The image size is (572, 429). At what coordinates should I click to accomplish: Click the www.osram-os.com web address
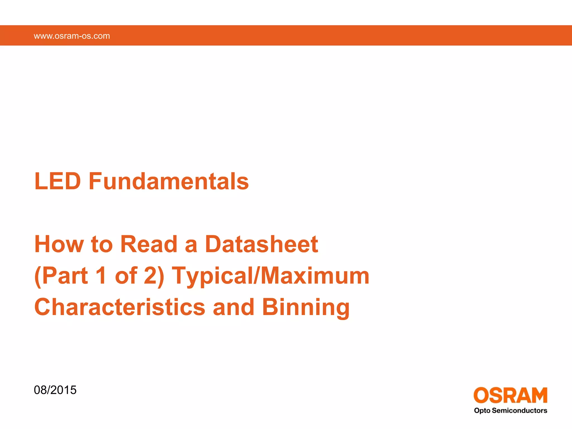(x=72, y=36)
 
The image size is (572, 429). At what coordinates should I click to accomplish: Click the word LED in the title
(x=58, y=181)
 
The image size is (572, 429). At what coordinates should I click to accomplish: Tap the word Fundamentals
(x=169, y=181)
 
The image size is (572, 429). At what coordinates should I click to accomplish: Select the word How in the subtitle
(x=59, y=244)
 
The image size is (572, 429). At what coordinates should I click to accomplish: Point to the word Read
(x=149, y=244)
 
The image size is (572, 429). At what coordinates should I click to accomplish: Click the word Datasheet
(x=261, y=244)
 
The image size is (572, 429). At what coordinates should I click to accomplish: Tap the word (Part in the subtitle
(x=61, y=276)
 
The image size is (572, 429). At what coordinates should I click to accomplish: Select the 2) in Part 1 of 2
(x=154, y=276)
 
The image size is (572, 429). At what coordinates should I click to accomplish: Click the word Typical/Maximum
(x=270, y=276)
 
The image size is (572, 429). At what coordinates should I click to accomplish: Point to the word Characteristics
(x=120, y=307)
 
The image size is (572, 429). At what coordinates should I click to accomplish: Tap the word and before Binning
(x=233, y=307)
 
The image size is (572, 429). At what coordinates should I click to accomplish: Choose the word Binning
(x=306, y=308)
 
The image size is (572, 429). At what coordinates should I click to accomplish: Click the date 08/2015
(x=55, y=390)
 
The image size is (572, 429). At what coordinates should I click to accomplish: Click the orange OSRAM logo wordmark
(x=510, y=395)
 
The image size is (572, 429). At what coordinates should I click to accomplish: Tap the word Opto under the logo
(x=482, y=411)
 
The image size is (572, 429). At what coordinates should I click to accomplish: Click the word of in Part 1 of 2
(x=126, y=276)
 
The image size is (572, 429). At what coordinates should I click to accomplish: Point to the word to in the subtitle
(x=102, y=244)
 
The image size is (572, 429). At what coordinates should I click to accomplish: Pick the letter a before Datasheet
(x=191, y=245)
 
